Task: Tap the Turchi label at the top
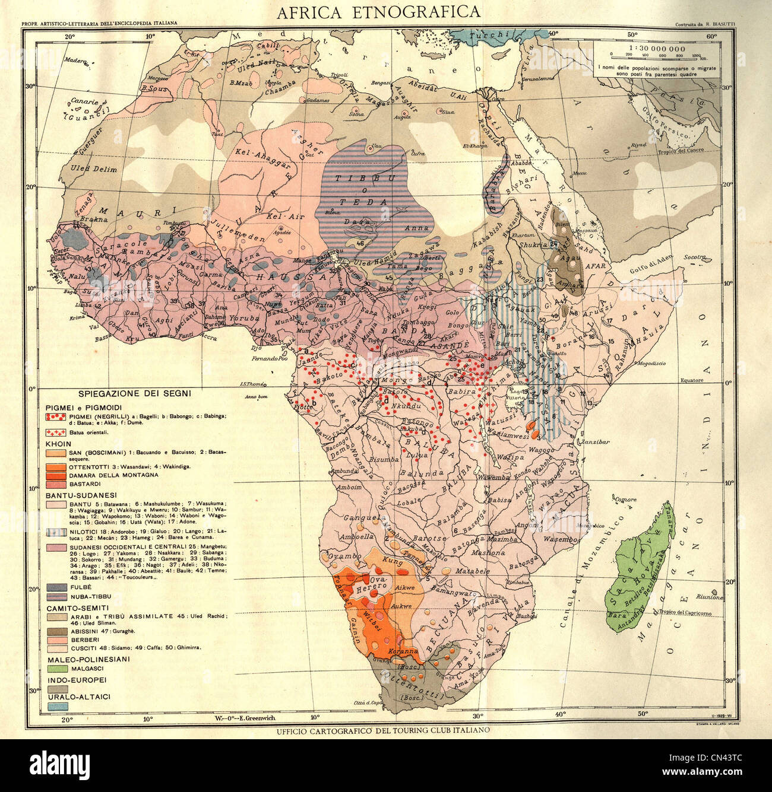coord(486,35)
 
